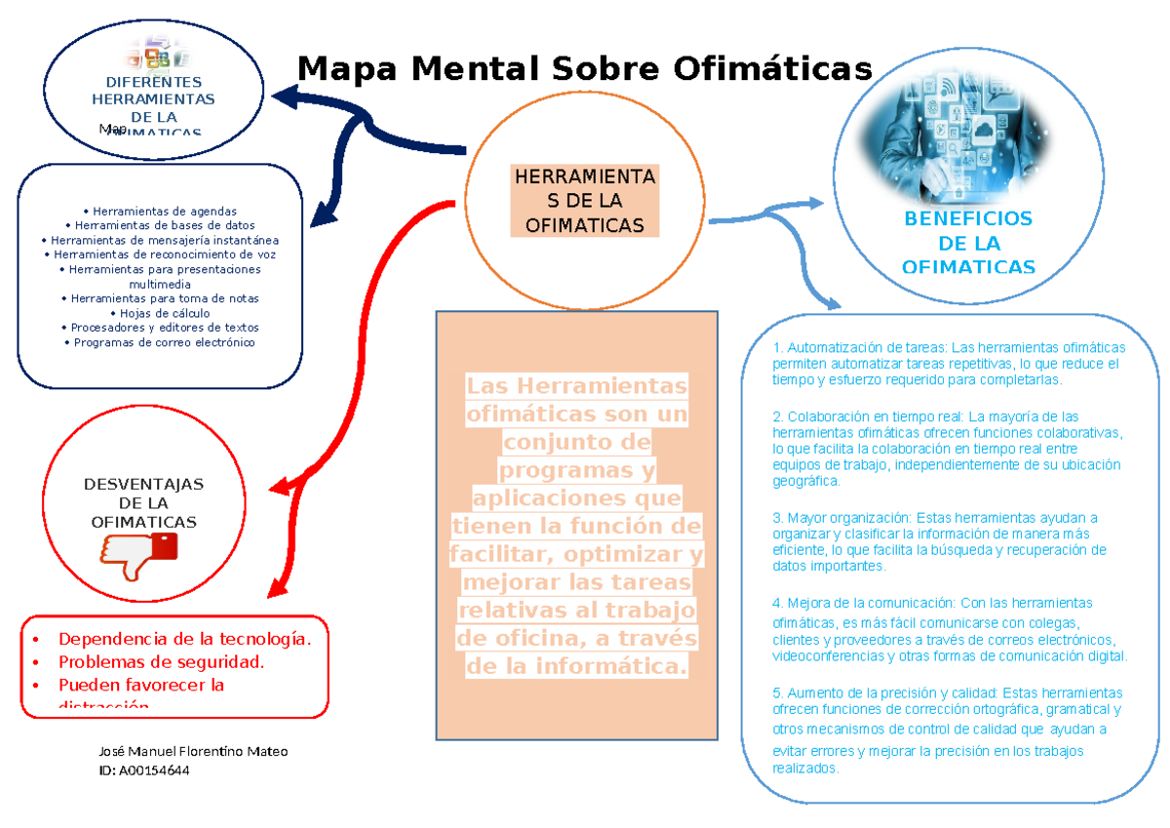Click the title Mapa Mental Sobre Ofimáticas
click(585, 70)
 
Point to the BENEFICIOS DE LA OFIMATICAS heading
click(968, 243)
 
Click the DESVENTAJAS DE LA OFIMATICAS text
click(143, 503)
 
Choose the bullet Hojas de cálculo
click(159, 313)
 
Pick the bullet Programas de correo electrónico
click(159, 342)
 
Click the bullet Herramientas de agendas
click(159, 211)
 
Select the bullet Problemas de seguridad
click(161, 662)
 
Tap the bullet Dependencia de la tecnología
click(184, 640)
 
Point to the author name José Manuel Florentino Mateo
click(193, 751)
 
